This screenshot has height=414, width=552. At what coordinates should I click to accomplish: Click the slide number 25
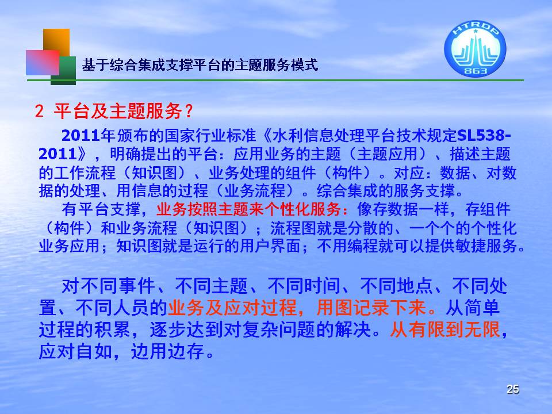pos(512,389)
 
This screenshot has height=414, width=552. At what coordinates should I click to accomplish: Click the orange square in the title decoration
pos(56,42)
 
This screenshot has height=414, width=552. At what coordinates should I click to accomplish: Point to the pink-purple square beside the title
pos(43,62)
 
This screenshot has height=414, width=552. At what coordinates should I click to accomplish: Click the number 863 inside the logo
pos(476,70)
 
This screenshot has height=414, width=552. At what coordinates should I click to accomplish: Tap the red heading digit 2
pos(39,111)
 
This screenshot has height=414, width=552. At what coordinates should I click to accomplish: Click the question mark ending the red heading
pos(189,111)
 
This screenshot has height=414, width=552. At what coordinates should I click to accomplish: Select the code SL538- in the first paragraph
pos(484,136)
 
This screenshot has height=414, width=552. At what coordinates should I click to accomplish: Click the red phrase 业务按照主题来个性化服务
pos(248,209)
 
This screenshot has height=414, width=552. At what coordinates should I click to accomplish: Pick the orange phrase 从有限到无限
pos(445,330)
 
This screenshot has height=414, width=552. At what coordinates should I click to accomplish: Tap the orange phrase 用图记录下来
pos(371,308)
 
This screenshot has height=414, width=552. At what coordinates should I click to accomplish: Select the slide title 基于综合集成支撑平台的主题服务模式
pos(200,65)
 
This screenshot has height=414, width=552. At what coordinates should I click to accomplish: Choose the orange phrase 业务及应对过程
pos(232,308)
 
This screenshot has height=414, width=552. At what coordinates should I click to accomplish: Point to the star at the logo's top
pos(476,31)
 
